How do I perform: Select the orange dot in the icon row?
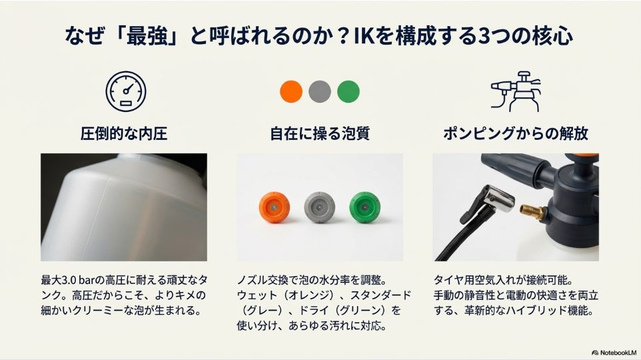(x=291, y=91)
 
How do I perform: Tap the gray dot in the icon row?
(x=320, y=91)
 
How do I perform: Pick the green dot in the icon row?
(x=348, y=91)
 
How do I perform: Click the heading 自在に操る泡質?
(x=320, y=134)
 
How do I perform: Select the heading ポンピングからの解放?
(x=516, y=134)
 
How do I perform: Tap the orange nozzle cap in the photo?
(x=275, y=209)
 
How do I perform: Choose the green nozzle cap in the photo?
(x=365, y=209)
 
